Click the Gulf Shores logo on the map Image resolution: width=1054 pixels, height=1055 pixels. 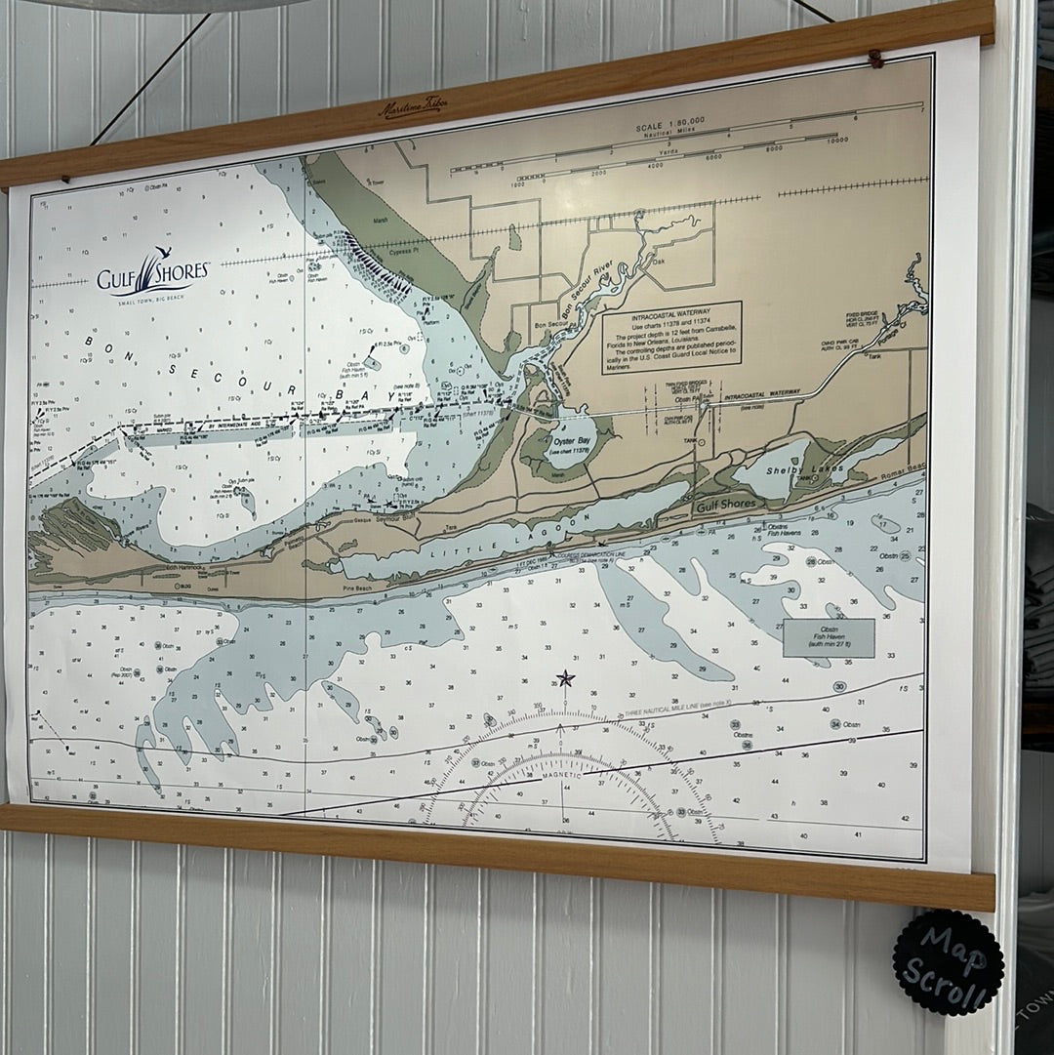click(x=152, y=274)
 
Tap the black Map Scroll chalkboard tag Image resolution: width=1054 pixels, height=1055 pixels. click(x=948, y=962)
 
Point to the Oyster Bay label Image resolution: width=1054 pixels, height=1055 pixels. click(x=574, y=441)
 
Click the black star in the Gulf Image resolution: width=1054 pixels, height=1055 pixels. click(x=564, y=678)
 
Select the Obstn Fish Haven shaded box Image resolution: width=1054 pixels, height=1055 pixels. click(x=829, y=637)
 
